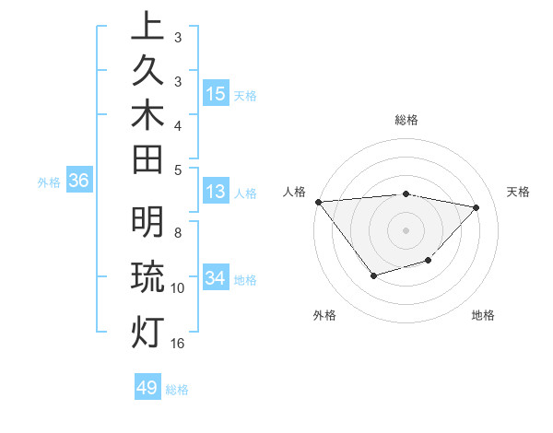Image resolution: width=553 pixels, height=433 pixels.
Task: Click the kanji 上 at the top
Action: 147,27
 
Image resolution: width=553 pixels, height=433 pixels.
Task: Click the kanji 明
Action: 147,224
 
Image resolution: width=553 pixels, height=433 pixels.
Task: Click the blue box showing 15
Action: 216,93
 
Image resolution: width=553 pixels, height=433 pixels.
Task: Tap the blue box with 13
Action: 216,193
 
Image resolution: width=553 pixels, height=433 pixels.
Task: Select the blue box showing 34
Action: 216,278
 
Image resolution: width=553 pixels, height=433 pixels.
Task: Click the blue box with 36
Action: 78,181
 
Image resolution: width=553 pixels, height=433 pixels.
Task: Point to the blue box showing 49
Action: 147,388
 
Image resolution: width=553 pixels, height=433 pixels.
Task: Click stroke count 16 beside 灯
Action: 178,344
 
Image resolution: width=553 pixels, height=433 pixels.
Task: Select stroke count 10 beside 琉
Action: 178,288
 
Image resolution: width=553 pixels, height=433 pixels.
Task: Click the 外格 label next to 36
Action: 49,182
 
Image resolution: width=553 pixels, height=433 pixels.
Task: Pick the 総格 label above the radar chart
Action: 406,120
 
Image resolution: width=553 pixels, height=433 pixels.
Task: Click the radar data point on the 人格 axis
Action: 318,202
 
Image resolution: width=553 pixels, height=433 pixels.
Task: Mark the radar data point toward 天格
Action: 477,207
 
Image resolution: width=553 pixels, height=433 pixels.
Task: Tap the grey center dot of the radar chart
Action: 406,229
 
